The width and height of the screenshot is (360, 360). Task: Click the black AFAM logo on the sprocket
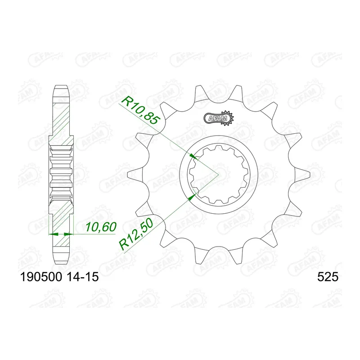tap(220, 118)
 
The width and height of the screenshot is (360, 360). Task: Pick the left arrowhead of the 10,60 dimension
tap(51, 234)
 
